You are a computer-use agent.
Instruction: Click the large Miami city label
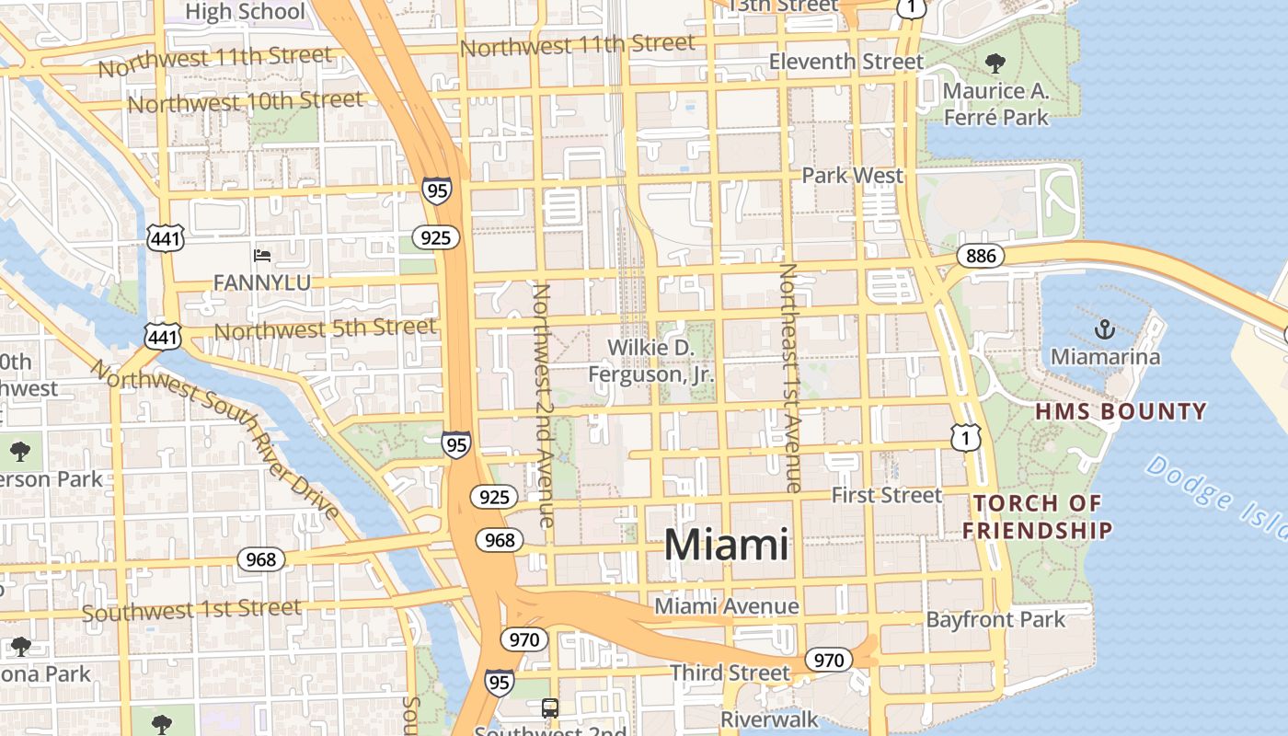(726, 545)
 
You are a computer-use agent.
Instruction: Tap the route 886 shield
(981, 256)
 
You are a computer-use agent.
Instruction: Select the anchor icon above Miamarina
(1104, 328)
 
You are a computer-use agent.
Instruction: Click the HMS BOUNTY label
(1121, 411)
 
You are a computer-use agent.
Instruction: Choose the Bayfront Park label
(995, 619)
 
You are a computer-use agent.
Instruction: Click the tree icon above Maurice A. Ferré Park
(995, 63)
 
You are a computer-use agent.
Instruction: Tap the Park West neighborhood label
(853, 175)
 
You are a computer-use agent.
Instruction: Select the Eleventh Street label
(846, 62)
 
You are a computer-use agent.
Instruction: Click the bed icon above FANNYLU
(262, 255)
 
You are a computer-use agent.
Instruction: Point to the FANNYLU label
(261, 282)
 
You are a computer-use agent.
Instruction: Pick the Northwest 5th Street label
(325, 328)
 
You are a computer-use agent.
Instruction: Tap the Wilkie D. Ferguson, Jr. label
(651, 361)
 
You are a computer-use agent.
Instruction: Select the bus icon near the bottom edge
(549, 708)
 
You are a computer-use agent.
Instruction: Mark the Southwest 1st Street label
(191, 610)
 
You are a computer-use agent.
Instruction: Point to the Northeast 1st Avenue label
(790, 377)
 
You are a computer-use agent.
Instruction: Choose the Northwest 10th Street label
(246, 101)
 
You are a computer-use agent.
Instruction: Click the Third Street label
(730, 673)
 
